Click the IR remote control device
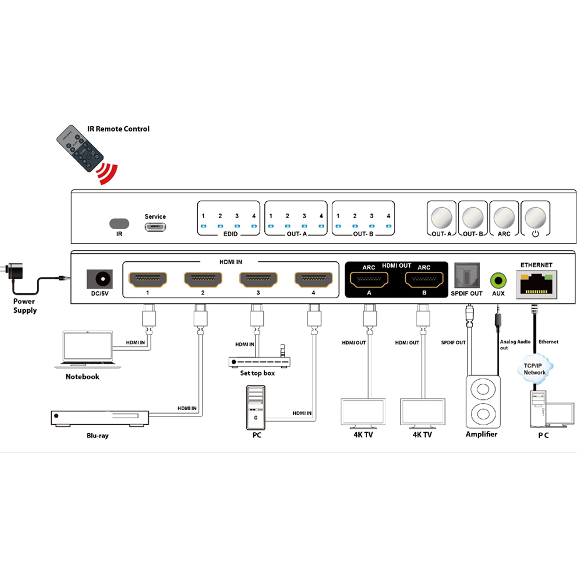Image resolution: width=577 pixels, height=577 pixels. (80, 148)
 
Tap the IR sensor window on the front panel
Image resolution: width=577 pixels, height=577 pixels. (119, 223)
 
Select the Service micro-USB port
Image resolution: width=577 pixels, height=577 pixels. (155, 227)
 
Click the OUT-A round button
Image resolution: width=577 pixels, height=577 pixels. (441, 218)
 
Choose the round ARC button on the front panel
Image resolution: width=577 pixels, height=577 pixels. (504, 218)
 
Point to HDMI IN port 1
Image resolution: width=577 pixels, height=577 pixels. (148, 280)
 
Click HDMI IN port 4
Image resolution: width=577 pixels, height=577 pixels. (313, 280)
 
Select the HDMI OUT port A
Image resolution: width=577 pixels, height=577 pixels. (369, 280)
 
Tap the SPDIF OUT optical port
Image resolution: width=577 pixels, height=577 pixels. (467, 275)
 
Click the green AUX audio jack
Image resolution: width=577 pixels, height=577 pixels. (499, 280)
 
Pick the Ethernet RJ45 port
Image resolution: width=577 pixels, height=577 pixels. (537, 284)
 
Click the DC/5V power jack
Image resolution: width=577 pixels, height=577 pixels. (100, 279)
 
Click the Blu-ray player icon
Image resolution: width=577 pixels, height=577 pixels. (100, 418)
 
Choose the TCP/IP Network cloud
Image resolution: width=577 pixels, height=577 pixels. (535, 369)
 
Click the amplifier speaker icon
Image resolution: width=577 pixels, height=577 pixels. (483, 402)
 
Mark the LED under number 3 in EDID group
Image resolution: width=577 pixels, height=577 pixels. (237, 226)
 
